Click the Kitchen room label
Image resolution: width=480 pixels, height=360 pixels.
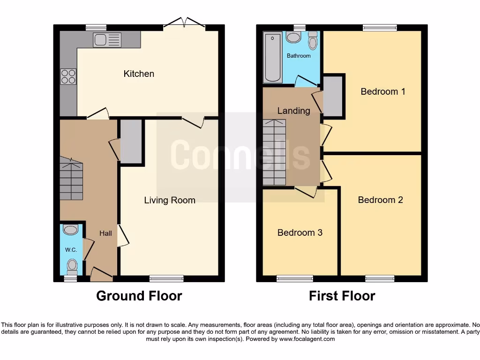click(139, 74)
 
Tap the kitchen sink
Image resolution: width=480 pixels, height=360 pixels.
click(107, 39)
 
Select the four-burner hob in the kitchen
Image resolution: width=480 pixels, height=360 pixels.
click(68, 76)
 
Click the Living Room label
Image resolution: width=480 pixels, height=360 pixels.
click(169, 200)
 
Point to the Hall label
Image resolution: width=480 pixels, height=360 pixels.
click(105, 233)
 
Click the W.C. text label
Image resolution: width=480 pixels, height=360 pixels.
click(71, 250)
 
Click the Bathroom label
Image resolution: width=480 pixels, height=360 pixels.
click(299, 56)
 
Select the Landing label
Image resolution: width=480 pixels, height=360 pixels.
click(293, 111)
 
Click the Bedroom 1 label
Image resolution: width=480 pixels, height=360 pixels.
click(382, 91)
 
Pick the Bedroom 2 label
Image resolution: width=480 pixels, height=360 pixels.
click(380, 200)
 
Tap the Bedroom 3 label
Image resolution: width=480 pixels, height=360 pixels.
click(300, 232)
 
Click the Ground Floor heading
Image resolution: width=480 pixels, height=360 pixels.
click(139, 296)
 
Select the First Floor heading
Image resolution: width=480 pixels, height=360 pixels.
click(342, 296)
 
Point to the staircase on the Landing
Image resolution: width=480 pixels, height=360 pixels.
click(274, 152)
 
